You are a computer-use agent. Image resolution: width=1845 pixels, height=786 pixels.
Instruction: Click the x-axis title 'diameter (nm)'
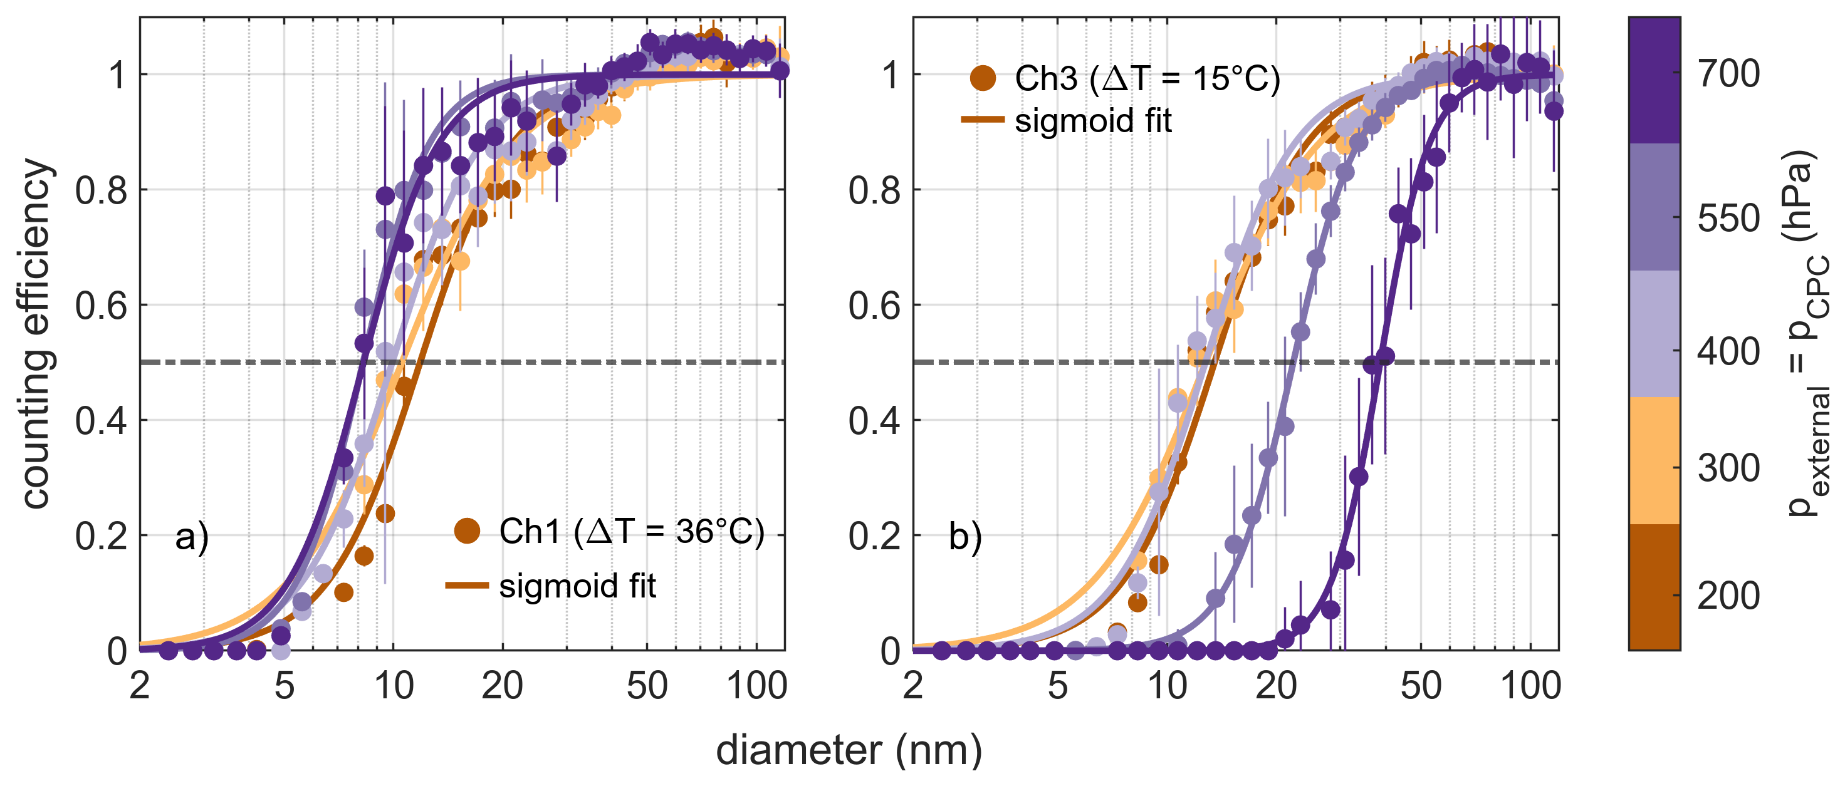pos(849,750)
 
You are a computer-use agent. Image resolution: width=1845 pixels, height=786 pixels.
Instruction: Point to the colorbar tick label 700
pos(1728,74)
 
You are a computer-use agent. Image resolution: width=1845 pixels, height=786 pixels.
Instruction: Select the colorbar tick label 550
pos(1728,217)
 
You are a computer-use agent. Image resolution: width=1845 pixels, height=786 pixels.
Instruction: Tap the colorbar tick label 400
pos(1728,351)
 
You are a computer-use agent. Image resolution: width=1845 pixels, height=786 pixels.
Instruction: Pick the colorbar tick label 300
pos(1728,468)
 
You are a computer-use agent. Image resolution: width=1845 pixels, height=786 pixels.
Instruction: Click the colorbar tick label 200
pos(1728,596)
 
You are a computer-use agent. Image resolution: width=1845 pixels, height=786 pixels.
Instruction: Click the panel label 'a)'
pos(192,536)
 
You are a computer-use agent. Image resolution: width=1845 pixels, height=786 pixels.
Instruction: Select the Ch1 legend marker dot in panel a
pos(467,531)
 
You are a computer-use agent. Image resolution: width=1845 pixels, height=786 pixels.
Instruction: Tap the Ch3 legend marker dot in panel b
pos(983,78)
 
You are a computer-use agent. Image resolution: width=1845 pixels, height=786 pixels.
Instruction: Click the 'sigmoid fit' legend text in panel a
pos(577,586)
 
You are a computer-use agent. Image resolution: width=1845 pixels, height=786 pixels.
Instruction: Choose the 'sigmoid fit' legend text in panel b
pos(1093,120)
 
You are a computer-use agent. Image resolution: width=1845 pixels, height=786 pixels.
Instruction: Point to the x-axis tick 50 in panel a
pos(647,686)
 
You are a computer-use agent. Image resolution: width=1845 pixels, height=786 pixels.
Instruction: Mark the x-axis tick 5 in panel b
pos(1058,686)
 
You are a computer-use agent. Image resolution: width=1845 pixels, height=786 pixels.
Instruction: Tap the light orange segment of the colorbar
pos(1654,460)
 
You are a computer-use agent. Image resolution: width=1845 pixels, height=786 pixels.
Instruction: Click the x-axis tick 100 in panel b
pos(1530,686)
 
